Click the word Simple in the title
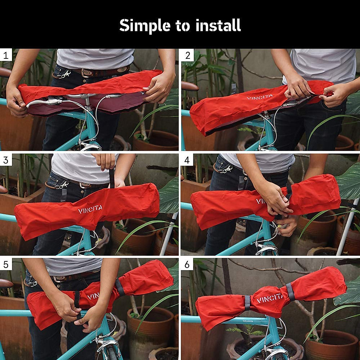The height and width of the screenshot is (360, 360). tap(145, 26)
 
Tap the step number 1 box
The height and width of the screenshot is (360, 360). tap(6, 55)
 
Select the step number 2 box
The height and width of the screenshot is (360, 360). tap(188, 55)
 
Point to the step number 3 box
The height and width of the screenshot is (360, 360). tap(6, 160)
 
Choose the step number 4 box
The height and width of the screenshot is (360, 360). tap(187, 160)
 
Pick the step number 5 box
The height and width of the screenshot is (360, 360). tap(6, 264)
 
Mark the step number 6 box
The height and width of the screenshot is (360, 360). tap(187, 264)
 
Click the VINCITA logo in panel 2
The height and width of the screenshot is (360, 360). tap(259, 97)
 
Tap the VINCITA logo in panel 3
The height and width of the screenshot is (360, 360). tap(90, 209)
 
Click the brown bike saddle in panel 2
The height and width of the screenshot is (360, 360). tap(190, 86)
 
